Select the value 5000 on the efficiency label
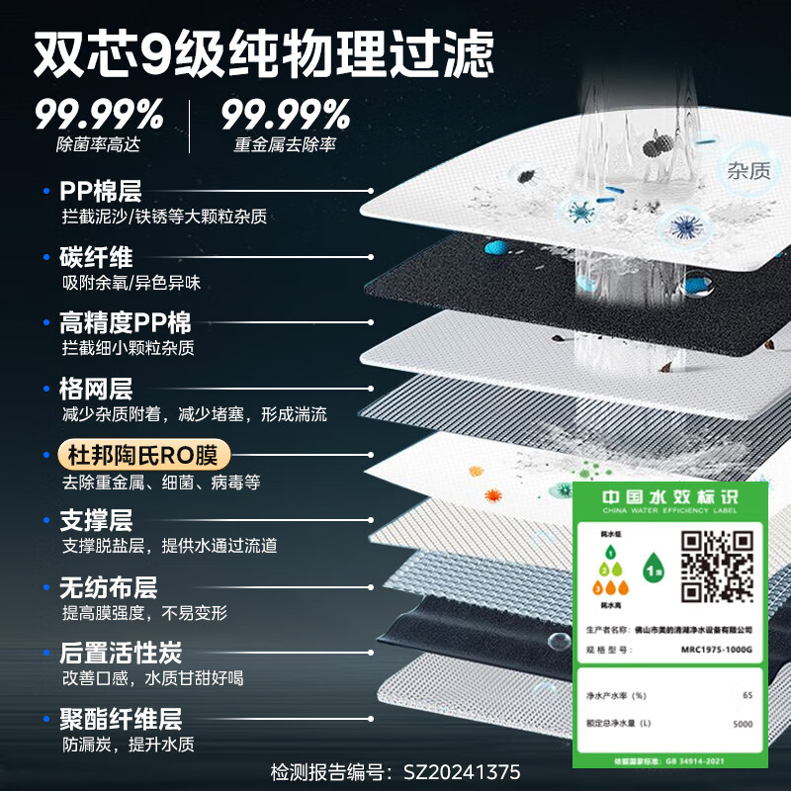[x=742, y=724]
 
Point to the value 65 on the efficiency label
[x=747, y=695]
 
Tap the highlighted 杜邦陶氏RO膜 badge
[x=145, y=456]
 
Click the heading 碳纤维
[x=96, y=257]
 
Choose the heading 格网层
[x=96, y=389]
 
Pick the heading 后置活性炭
[x=121, y=654]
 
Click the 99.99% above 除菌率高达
[x=99, y=116]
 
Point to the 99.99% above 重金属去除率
[x=286, y=116]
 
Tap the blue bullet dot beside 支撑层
[x=46, y=520]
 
